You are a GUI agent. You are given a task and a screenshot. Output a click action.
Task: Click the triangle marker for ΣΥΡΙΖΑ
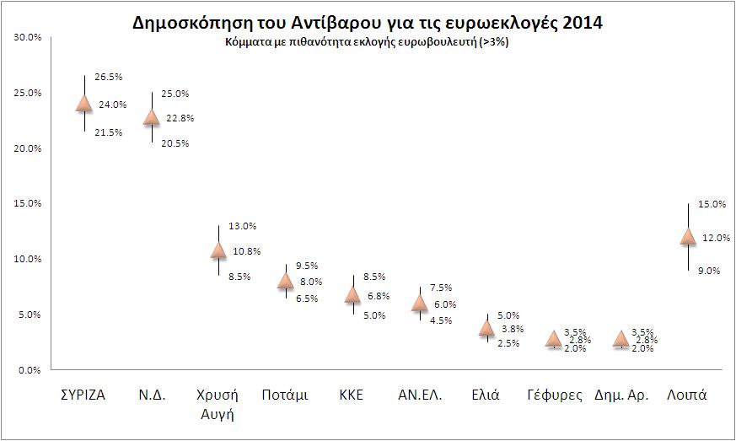point(83,104)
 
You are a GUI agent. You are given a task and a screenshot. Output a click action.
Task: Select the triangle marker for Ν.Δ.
point(151,117)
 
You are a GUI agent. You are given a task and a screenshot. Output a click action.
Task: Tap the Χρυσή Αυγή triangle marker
point(218,250)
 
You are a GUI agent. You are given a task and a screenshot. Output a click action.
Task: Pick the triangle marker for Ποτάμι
point(285,282)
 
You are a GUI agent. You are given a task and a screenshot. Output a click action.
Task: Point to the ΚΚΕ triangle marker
point(352,294)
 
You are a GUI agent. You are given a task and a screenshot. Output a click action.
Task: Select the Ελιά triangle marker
point(486,328)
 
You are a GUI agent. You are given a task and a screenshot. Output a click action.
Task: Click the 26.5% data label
point(109,77)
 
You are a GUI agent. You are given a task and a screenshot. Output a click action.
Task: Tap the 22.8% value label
point(180,118)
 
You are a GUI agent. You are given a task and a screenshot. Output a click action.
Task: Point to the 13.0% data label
point(243,226)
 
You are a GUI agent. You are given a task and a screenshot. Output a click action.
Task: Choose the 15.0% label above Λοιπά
point(714,204)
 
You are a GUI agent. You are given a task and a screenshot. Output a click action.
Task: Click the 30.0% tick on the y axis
point(29,37)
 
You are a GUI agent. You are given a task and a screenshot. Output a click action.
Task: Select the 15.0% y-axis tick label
point(29,203)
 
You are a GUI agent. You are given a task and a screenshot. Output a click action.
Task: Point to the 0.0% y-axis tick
point(30,369)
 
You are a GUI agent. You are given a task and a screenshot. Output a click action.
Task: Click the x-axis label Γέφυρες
point(553,395)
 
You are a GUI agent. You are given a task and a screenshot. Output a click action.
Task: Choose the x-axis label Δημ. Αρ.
point(620,395)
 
